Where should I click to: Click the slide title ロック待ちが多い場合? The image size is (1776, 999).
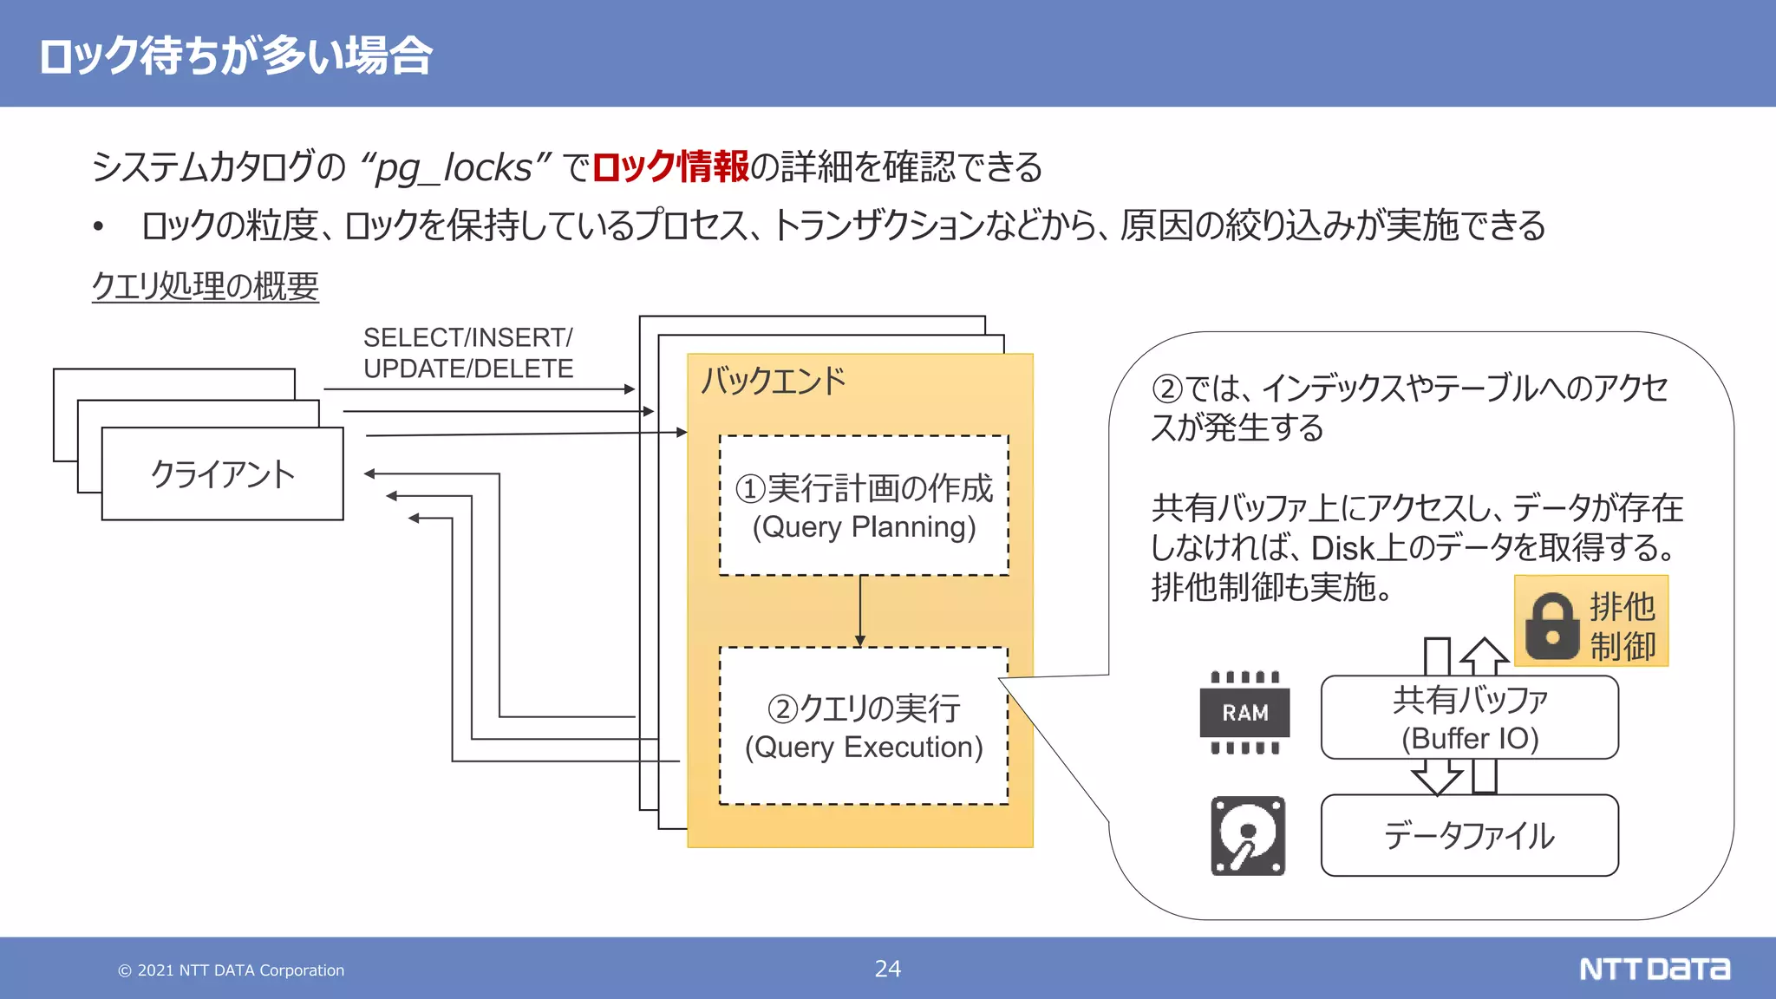tap(236, 55)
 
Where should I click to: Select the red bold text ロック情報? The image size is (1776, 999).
tap(670, 166)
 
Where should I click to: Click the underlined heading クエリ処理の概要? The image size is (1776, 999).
tap(206, 286)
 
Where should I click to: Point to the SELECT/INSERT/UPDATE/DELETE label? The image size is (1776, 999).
tap(468, 353)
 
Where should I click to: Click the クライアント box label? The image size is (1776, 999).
tap(223, 474)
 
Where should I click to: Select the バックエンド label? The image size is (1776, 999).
tap(773, 381)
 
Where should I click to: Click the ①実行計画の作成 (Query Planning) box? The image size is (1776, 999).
tap(864, 506)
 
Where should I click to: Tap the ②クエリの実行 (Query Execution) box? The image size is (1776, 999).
tap(864, 727)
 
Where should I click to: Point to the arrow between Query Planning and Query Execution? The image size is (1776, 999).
tap(860, 611)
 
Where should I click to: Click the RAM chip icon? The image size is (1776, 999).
tap(1244, 712)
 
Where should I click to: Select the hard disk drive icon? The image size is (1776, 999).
tap(1248, 836)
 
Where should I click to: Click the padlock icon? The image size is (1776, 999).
tap(1551, 625)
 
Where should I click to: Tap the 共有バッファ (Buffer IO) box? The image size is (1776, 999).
tap(1470, 718)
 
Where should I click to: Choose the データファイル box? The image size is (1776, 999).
tap(1470, 836)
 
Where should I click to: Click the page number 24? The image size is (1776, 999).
tap(888, 969)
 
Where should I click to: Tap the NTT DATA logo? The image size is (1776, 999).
tap(1654, 969)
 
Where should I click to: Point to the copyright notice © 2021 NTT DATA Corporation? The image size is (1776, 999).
tap(232, 970)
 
